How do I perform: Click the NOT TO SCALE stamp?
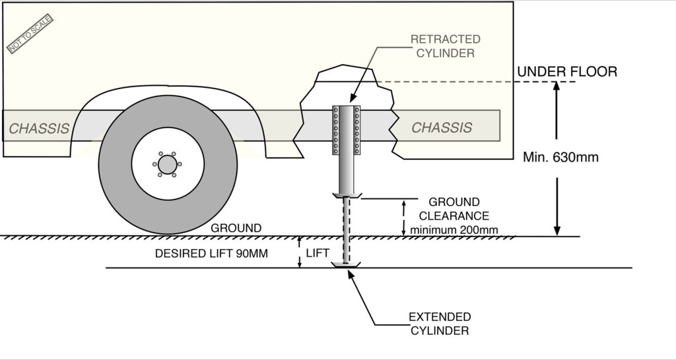coord(30,34)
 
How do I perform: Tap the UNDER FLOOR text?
coord(566,72)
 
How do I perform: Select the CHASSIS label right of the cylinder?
coord(442,127)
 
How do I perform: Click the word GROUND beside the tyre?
coord(236,229)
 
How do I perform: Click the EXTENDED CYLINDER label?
coord(440,324)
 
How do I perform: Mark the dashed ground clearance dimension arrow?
coord(404,218)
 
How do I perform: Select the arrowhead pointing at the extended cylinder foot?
coord(351,272)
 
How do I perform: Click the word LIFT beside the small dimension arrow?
coord(318,252)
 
